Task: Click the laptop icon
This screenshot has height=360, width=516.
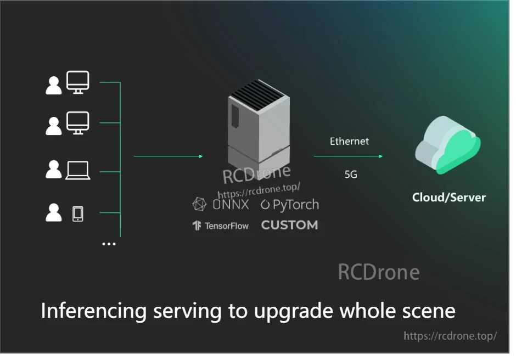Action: pyautogui.click(x=78, y=170)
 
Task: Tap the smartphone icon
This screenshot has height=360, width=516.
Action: pyautogui.click(x=78, y=213)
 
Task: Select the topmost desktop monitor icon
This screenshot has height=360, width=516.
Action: pyautogui.click(x=78, y=82)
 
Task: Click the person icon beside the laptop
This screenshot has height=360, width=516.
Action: pyautogui.click(x=54, y=170)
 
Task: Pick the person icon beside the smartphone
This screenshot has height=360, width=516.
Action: pyautogui.click(x=54, y=212)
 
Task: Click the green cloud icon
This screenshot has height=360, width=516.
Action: pyautogui.click(x=447, y=147)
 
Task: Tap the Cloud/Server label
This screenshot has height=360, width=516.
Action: pyautogui.click(x=449, y=198)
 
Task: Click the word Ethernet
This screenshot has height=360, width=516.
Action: pyautogui.click(x=349, y=141)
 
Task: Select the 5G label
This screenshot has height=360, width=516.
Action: pyautogui.click(x=351, y=175)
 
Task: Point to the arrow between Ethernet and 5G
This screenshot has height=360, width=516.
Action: pyautogui.click(x=348, y=156)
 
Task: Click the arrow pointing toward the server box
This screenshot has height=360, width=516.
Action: pyautogui.click(x=168, y=156)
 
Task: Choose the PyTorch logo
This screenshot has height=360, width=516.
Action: pyautogui.click(x=289, y=205)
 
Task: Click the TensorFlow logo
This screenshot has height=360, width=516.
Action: pyautogui.click(x=220, y=226)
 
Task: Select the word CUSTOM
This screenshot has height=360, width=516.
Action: pyautogui.click(x=289, y=225)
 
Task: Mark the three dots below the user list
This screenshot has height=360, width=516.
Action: pyautogui.click(x=109, y=244)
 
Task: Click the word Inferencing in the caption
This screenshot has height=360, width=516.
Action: pyautogui.click(x=94, y=311)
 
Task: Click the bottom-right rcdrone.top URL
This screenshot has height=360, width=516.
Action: pyautogui.click(x=450, y=336)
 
